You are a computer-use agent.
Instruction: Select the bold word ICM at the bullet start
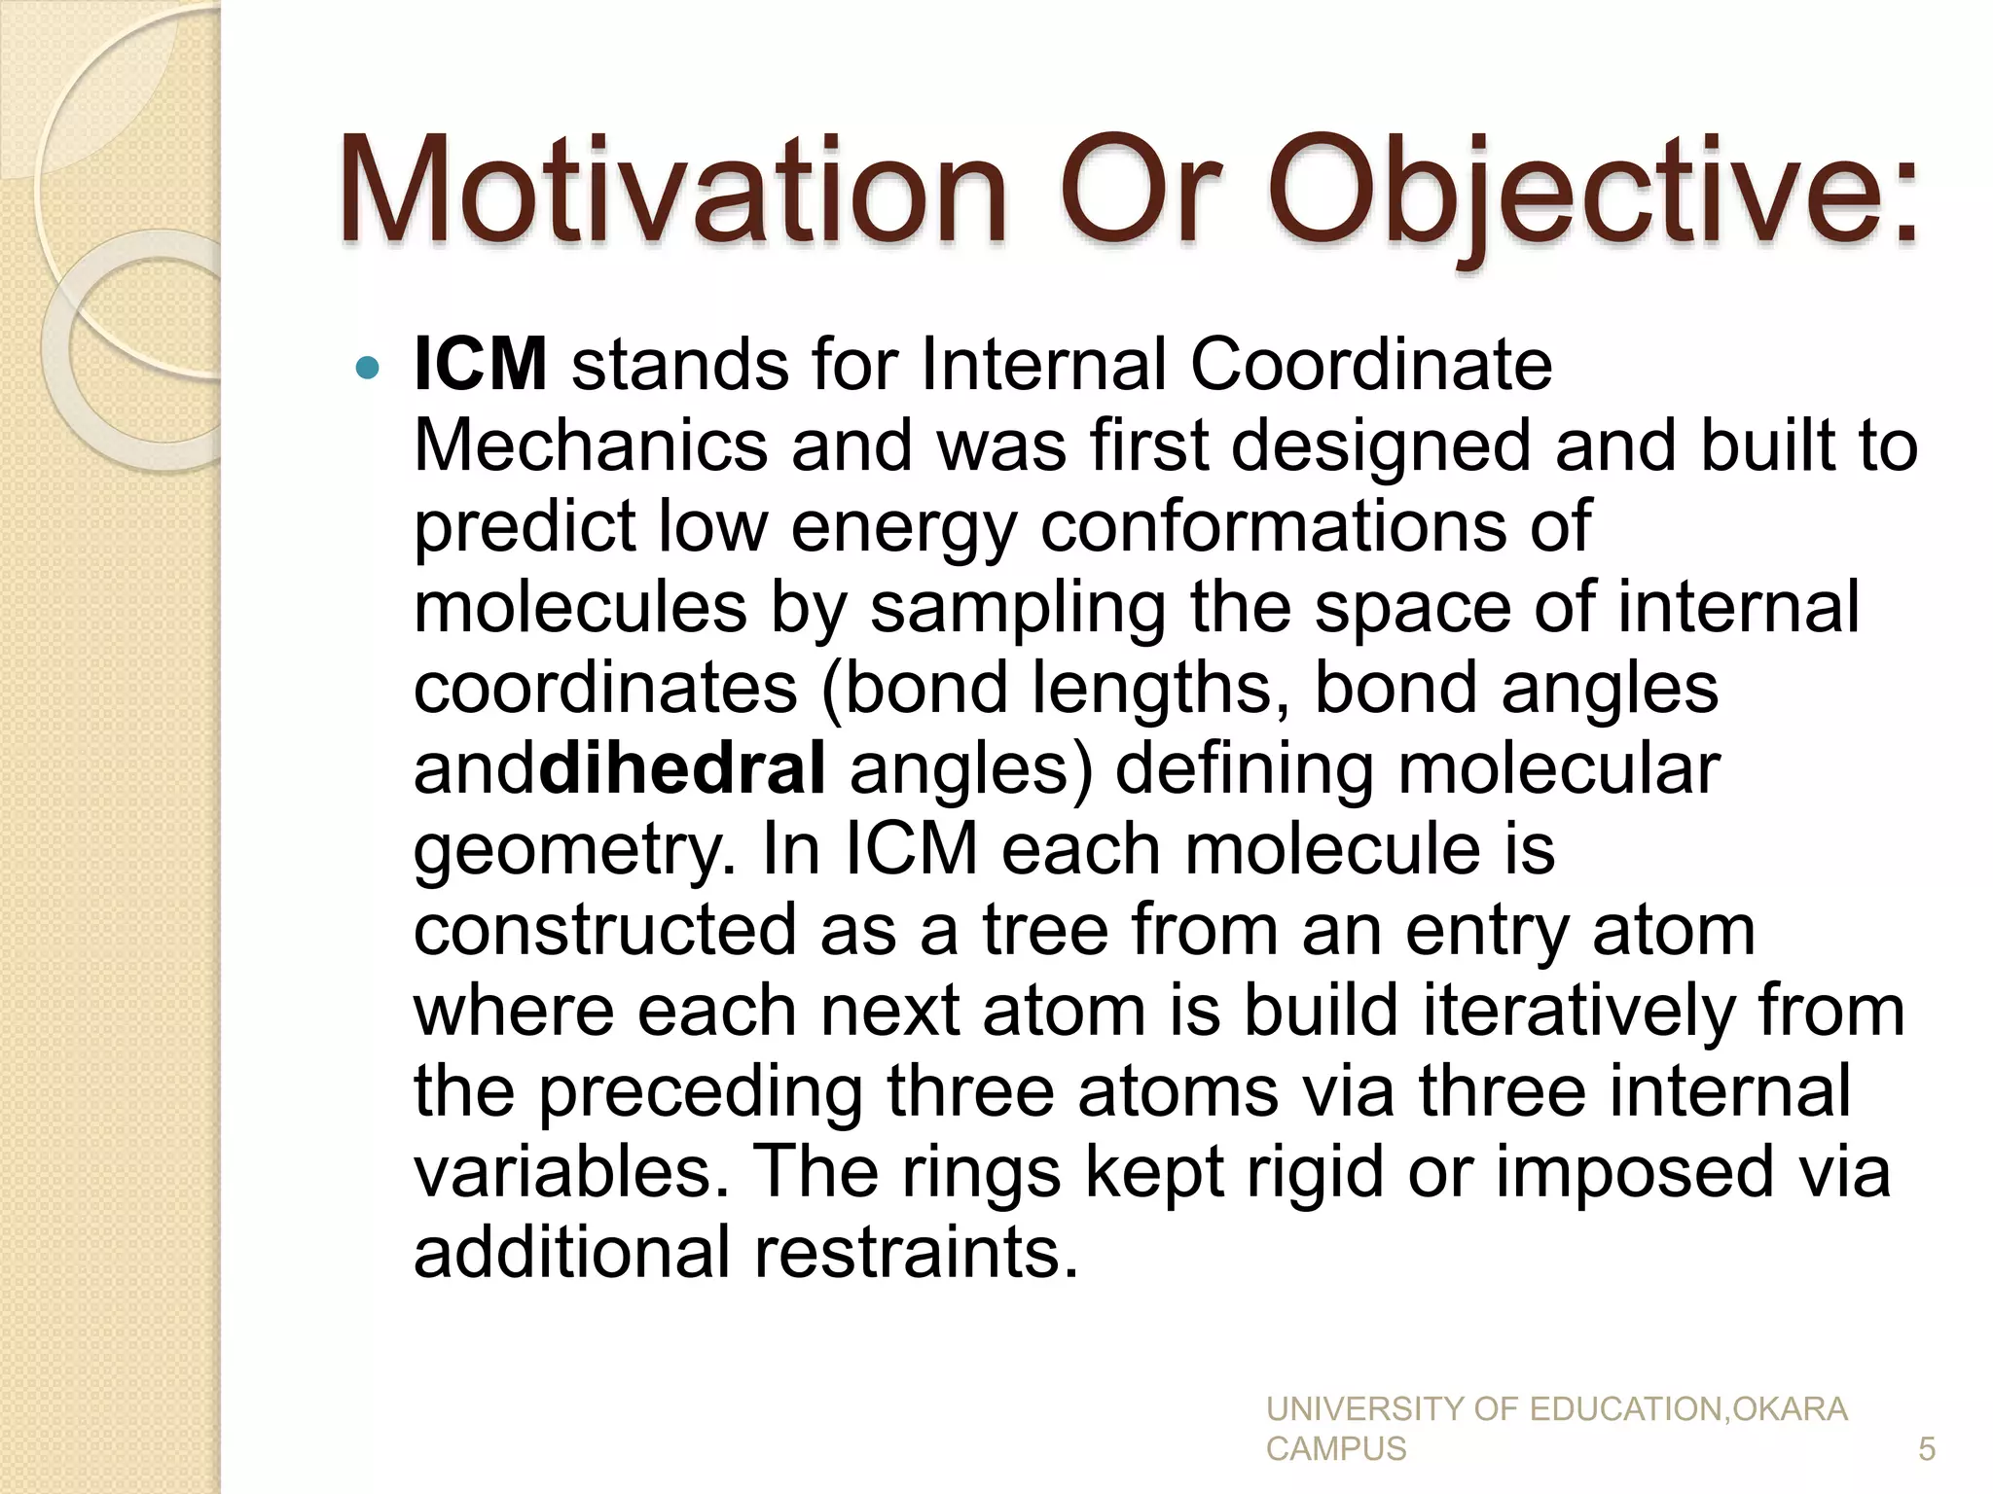[480, 365]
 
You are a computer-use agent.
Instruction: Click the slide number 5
[1926, 1449]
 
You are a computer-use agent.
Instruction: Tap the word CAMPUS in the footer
[1335, 1449]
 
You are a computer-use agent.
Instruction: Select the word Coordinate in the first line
[1371, 365]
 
